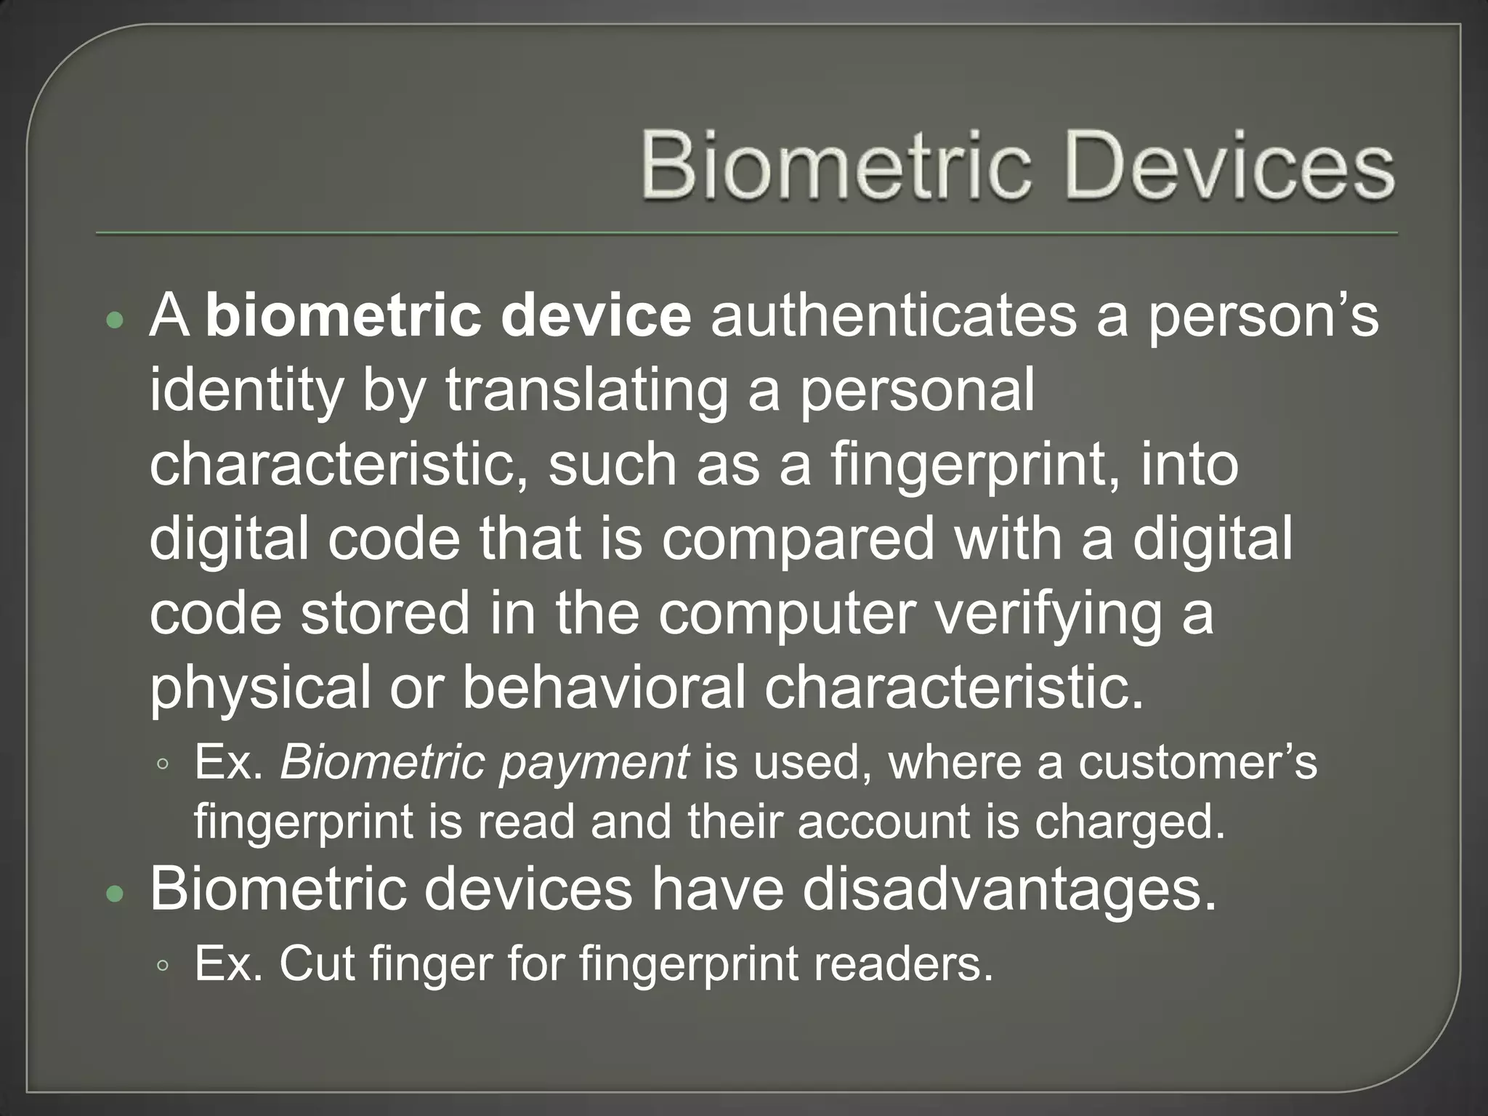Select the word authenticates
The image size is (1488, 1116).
coord(893,317)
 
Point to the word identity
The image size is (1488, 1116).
coord(246,392)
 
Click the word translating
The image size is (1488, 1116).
coord(586,391)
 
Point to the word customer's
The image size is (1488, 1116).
coord(1197,762)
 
